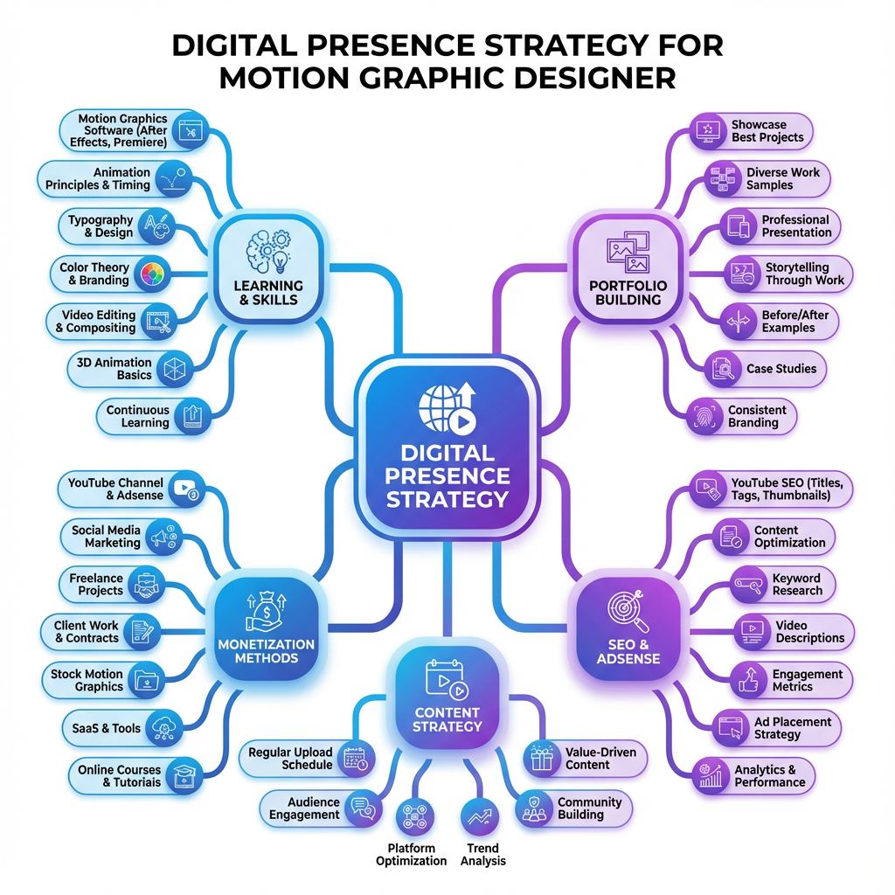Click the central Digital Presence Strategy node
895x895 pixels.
(447, 450)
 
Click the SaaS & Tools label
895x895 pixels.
(101, 727)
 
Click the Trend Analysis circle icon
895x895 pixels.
(478, 817)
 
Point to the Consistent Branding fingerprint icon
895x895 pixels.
(702, 415)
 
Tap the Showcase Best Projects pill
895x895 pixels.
(751, 131)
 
